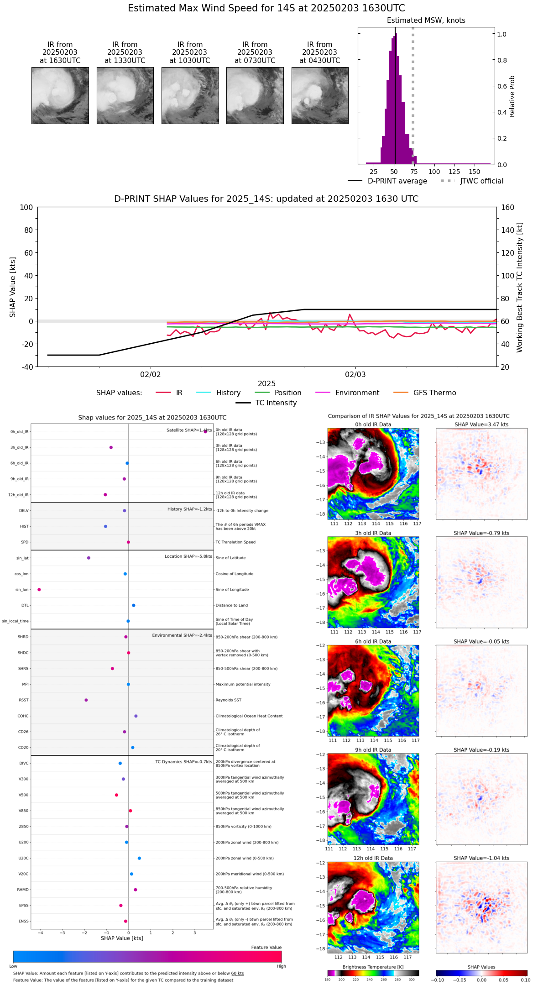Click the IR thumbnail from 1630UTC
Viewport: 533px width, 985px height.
coord(60,95)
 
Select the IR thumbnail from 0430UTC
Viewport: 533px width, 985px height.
coord(320,95)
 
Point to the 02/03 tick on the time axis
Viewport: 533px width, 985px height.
coord(355,375)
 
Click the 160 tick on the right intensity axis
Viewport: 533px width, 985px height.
coord(507,207)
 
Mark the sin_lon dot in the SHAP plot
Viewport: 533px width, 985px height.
coord(39,590)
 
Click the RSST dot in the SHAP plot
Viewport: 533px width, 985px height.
coord(86,700)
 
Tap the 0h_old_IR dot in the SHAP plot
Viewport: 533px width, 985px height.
coord(205,431)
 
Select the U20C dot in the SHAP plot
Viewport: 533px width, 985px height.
coord(139,858)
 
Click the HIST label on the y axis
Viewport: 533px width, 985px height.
coord(24,526)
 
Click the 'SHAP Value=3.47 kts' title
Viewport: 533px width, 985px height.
coord(481,424)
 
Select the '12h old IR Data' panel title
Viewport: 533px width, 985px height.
coord(373,858)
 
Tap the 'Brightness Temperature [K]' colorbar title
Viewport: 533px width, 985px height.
coord(373,967)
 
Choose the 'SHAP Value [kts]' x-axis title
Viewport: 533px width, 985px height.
coord(122,938)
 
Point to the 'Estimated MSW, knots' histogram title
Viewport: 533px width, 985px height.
coord(426,21)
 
